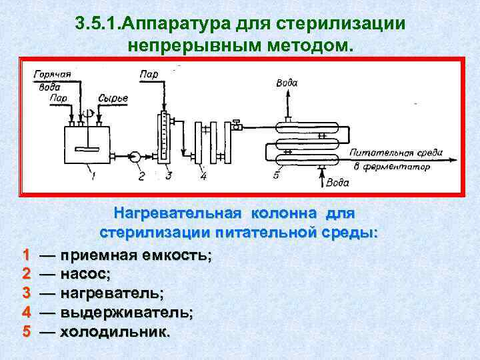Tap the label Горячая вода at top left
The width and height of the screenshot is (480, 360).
51,79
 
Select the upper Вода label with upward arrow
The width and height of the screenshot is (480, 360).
287,83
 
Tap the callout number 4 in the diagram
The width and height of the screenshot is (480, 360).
203,176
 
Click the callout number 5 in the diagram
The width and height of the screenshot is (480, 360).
276,175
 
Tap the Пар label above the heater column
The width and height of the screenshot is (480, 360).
149,74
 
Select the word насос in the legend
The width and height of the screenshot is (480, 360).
85,273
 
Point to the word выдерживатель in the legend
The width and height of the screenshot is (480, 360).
127,312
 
